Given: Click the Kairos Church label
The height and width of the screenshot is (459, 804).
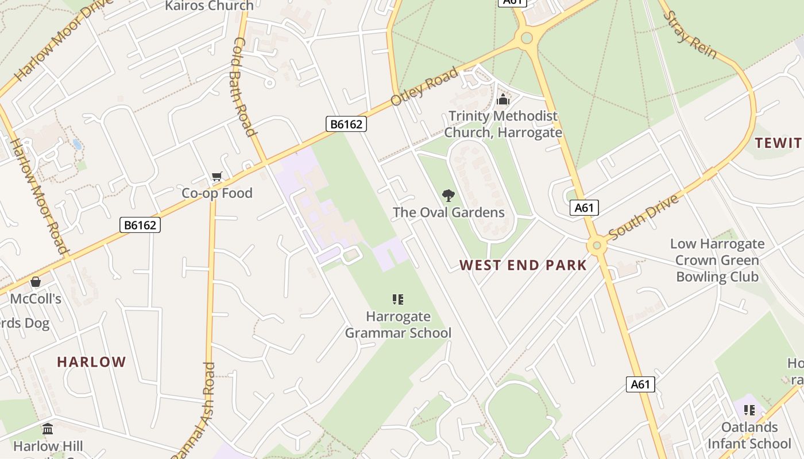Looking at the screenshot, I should tap(209, 6).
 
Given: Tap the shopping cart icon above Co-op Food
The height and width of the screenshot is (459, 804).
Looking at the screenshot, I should tap(217, 176).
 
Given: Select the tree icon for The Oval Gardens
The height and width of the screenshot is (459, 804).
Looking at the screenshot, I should tap(449, 196).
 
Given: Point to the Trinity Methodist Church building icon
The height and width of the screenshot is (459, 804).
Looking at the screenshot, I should tap(503, 99).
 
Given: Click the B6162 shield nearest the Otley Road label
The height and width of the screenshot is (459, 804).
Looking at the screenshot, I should tap(346, 124).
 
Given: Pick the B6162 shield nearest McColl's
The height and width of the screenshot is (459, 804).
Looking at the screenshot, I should tap(140, 225).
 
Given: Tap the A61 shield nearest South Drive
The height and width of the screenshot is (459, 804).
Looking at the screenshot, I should tap(584, 208).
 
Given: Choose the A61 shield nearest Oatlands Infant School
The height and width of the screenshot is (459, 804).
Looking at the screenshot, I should tap(640, 384).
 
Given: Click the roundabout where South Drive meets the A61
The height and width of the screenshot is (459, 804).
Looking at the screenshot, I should tap(597, 246).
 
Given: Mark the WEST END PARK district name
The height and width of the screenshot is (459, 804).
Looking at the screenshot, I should tap(523, 265).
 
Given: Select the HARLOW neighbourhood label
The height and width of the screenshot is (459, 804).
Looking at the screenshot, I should tap(91, 362).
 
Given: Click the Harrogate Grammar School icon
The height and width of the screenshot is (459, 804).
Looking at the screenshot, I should tap(397, 299).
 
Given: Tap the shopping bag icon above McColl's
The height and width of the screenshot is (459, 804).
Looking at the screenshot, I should tap(36, 282).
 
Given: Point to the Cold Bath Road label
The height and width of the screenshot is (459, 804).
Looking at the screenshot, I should tap(244, 87).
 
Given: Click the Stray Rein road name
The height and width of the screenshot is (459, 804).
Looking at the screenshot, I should tap(691, 34).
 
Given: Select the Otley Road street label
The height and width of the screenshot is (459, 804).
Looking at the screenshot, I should tap(424, 86).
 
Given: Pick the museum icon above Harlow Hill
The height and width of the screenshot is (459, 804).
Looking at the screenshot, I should tap(48, 429).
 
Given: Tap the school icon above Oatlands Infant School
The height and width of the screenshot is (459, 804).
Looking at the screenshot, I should tap(749, 410).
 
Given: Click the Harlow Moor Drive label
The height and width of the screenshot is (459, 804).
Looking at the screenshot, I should tap(56, 41).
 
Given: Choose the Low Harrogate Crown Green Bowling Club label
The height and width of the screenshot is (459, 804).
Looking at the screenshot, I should tap(717, 260).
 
